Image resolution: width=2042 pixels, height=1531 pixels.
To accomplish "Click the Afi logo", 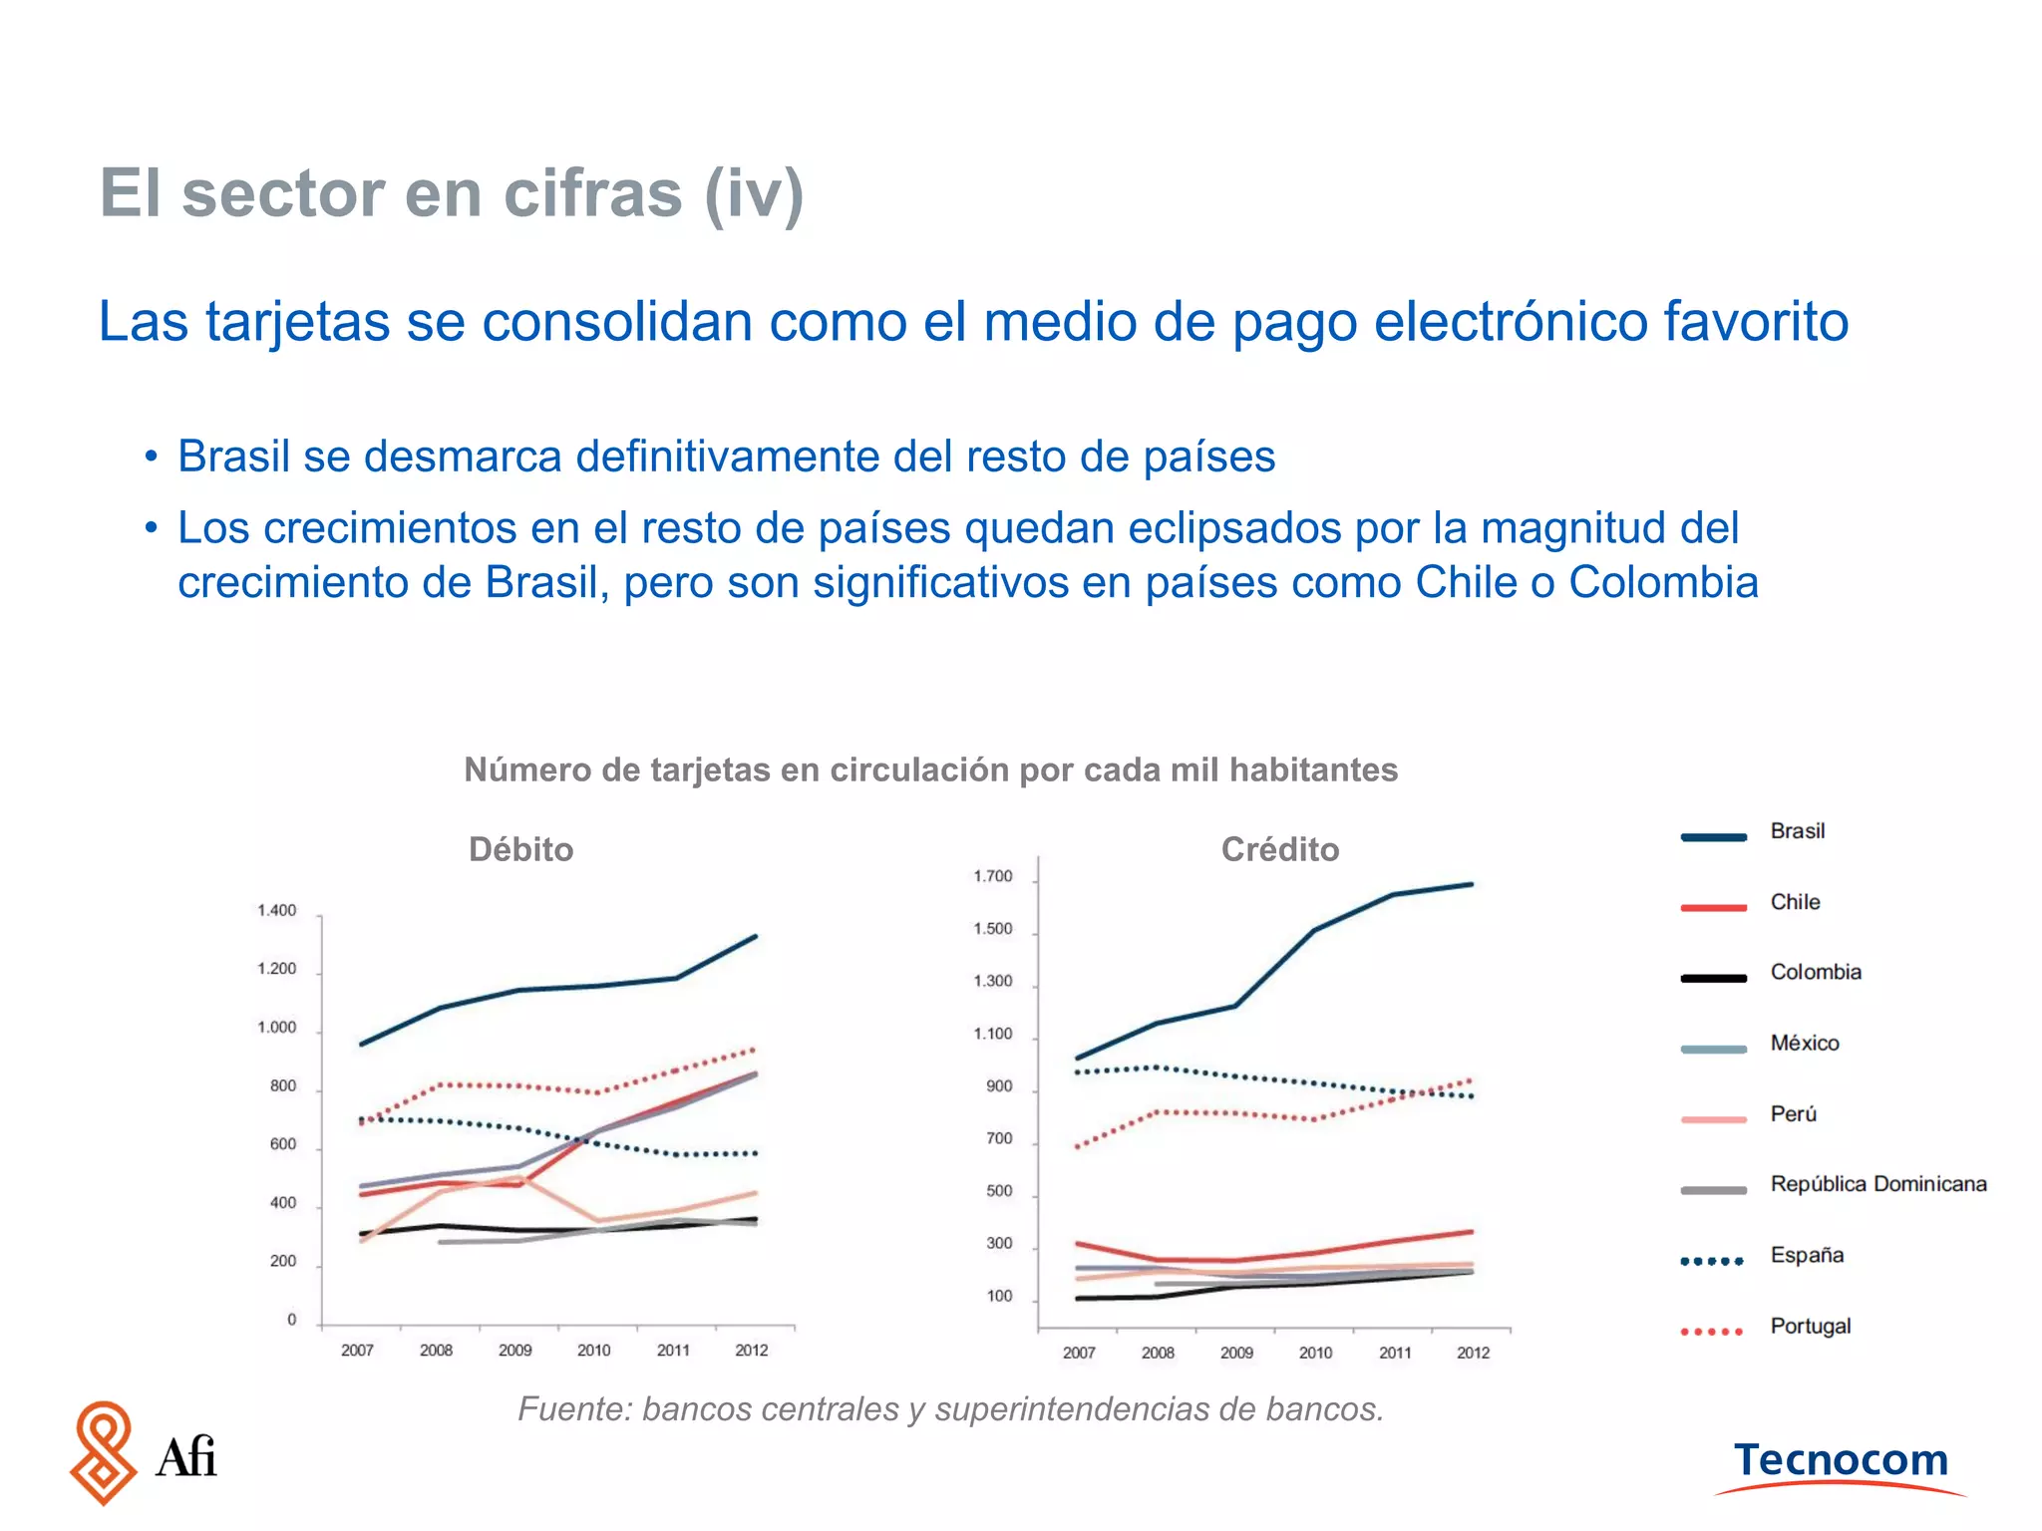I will point(143,1453).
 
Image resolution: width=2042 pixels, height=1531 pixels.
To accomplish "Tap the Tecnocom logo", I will point(1841,1463).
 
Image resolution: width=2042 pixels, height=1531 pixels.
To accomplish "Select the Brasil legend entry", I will point(1797,831).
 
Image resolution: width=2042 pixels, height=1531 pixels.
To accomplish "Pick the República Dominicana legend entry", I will point(1877,1184).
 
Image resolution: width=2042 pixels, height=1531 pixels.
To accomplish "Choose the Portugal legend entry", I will point(1810,1326).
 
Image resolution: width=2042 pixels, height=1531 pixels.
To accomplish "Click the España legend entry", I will point(1806,1255).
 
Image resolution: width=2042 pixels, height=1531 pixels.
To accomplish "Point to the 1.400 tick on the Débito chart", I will point(276,910).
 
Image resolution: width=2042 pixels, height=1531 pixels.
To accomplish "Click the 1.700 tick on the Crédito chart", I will point(992,876).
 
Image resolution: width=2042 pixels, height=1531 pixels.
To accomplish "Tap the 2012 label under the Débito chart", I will point(751,1350).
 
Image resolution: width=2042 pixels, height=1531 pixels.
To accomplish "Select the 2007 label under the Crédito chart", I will point(1078,1353).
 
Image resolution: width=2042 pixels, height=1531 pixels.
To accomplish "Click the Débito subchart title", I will point(520,849).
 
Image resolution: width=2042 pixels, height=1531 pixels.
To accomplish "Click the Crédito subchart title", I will point(1279,849).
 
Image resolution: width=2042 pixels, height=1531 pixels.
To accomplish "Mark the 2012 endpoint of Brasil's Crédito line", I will point(1472,884).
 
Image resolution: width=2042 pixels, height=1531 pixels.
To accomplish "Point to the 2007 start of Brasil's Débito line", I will point(361,1044).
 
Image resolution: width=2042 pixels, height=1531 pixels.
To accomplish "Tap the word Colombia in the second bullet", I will point(1662,583).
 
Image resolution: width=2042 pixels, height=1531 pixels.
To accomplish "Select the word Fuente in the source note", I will point(573,1409).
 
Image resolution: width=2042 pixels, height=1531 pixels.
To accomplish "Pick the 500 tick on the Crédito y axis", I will point(998,1191).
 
